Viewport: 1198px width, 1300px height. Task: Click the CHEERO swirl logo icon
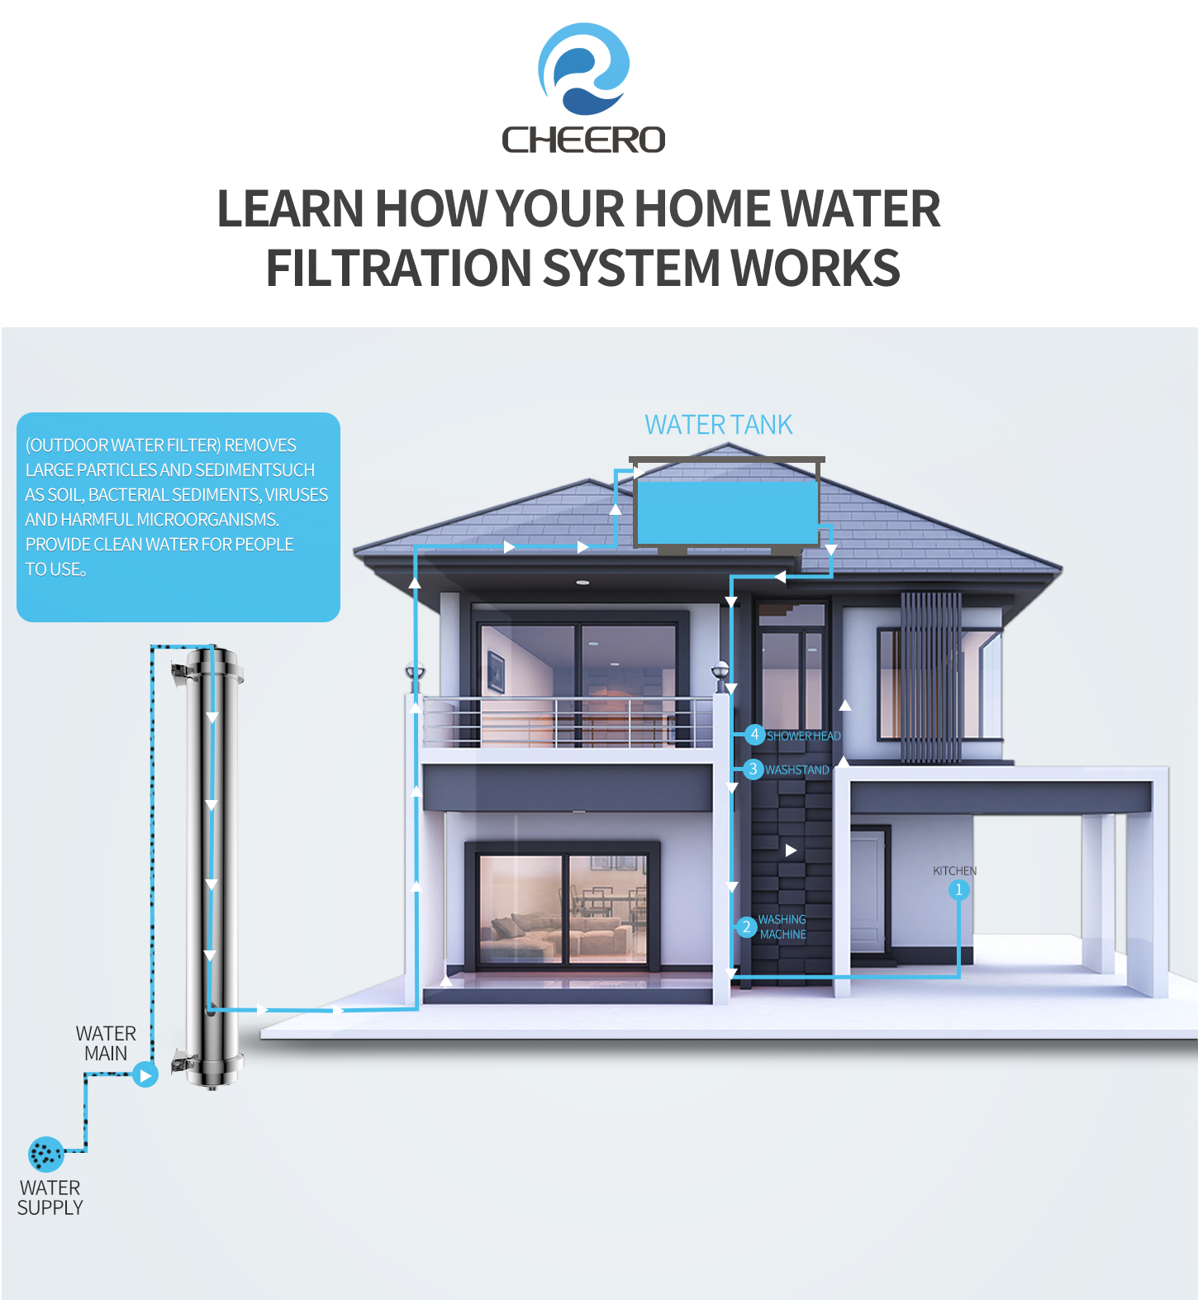583,69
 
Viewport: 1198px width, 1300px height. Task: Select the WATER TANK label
718,425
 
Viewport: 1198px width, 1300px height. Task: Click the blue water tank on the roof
726,512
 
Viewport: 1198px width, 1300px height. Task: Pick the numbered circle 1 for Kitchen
958,890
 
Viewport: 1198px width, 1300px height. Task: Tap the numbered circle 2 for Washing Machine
746,926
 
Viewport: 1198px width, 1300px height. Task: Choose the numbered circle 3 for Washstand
753,769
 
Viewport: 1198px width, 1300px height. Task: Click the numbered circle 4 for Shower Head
754,734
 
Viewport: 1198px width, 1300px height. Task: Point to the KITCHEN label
954,871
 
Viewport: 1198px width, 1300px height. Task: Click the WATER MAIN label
106,1044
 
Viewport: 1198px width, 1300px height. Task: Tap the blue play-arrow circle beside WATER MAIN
145,1075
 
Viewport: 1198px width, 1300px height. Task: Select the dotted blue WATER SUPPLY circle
46,1155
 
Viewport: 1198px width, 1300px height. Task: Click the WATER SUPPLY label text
50,1198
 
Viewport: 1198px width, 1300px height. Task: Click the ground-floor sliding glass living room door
563,909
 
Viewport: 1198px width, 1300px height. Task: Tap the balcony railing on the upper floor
567,721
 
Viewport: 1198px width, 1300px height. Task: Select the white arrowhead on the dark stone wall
791,850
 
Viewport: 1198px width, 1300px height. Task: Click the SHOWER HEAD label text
804,736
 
